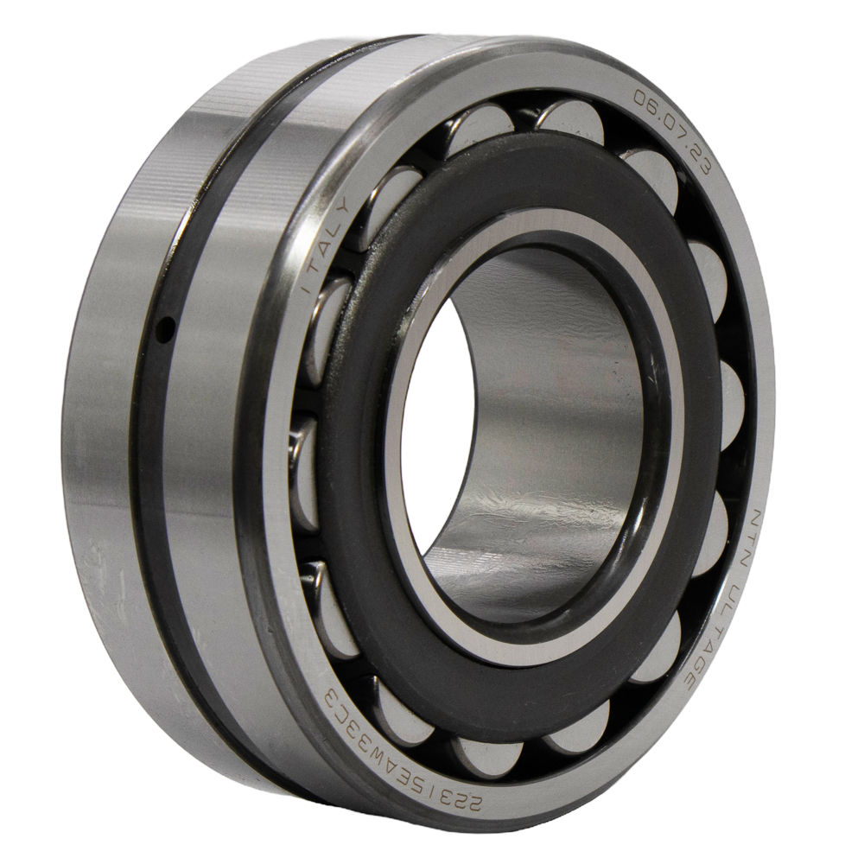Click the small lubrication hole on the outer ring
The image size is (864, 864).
coord(162,331)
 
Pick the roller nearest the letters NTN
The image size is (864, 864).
coord(719,523)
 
